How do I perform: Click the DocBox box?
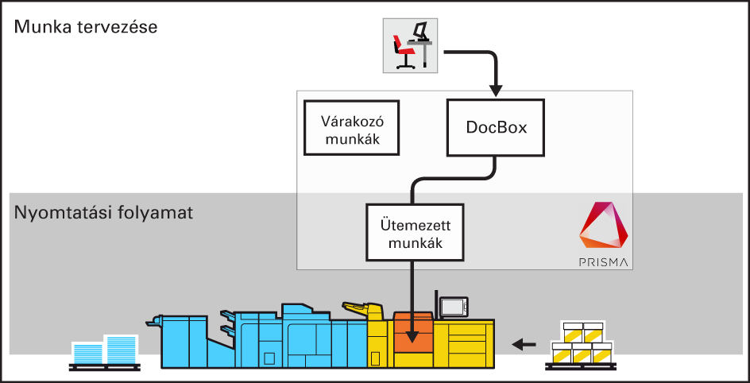click(497, 127)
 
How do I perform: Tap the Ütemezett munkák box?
click(415, 231)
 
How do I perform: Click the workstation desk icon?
click(410, 45)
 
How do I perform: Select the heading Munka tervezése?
click(86, 27)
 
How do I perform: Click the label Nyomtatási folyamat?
click(102, 214)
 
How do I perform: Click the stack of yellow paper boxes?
click(581, 342)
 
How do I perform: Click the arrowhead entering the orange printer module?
click(412, 336)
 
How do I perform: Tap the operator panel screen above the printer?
click(454, 306)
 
